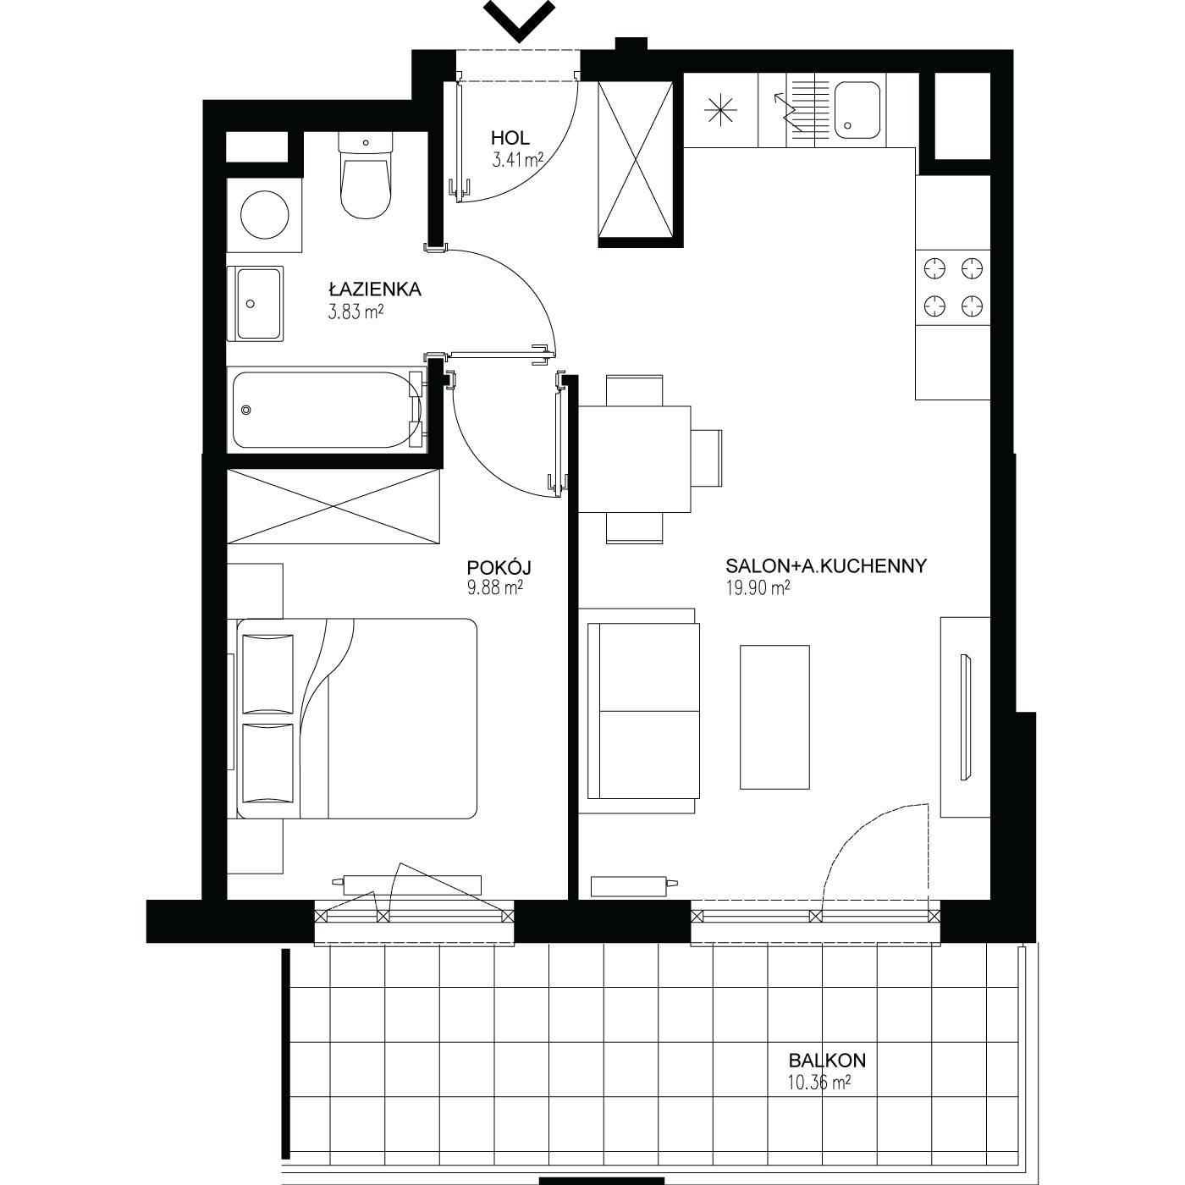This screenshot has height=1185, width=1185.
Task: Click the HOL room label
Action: click(x=510, y=138)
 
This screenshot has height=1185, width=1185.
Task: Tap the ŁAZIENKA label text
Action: click(x=374, y=289)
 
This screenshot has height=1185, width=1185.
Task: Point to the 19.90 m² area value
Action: click(x=758, y=588)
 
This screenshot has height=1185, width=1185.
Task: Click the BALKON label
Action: click(x=827, y=1061)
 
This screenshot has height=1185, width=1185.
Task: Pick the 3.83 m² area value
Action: click(x=356, y=311)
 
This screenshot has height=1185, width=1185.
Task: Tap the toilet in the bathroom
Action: click(x=366, y=175)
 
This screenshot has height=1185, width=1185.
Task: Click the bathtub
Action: click(x=328, y=411)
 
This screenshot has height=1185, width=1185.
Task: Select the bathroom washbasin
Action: click(x=256, y=303)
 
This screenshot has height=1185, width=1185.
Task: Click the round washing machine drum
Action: click(x=264, y=215)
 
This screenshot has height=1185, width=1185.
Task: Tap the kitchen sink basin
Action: click(x=857, y=110)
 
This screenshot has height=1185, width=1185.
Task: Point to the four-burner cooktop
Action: click(x=952, y=287)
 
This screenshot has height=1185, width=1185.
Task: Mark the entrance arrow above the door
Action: click(x=520, y=20)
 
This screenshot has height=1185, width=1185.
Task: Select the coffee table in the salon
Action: click(x=774, y=717)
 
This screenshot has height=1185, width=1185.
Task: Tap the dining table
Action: click(x=635, y=459)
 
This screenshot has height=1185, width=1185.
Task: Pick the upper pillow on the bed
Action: click(x=267, y=674)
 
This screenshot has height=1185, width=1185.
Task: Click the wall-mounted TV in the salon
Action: click(x=965, y=718)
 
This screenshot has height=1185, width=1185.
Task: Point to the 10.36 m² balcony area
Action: click(x=819, y=1083)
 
